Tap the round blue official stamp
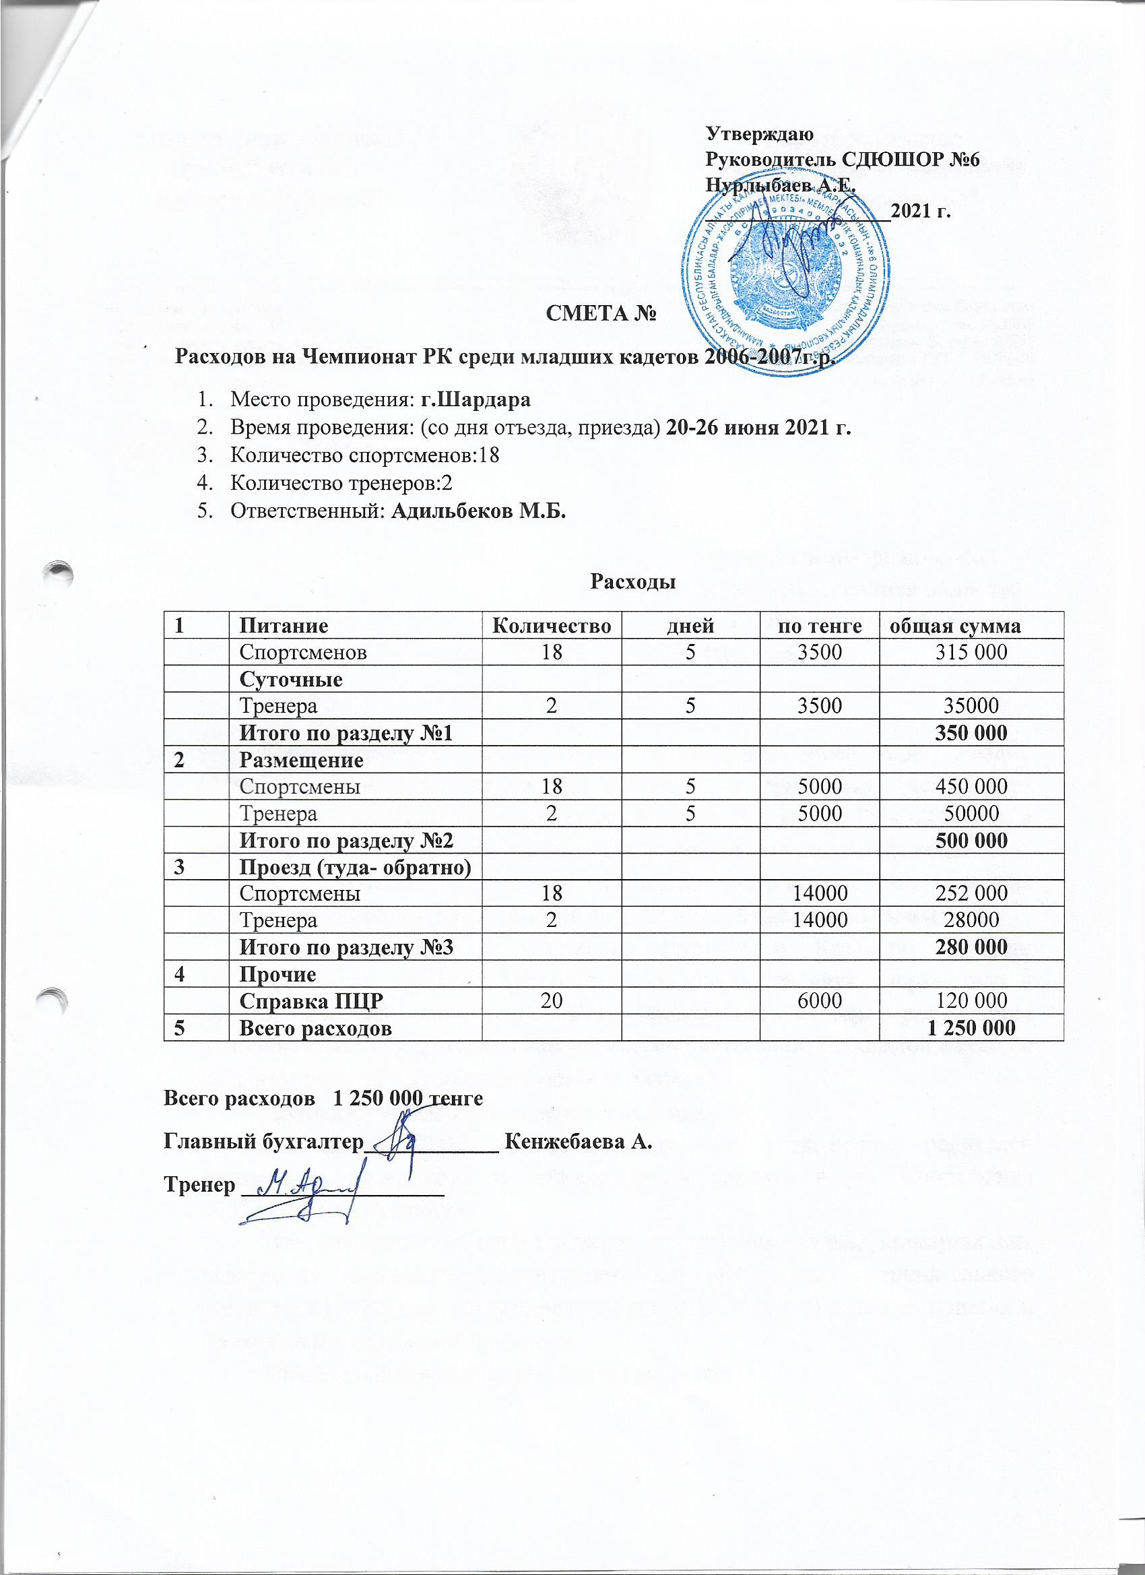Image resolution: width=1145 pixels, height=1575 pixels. point(787,275)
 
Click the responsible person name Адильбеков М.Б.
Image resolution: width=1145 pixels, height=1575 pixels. point(478,511)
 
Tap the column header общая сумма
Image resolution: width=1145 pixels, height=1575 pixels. point(956,626)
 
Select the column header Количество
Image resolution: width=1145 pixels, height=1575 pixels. point(552,626)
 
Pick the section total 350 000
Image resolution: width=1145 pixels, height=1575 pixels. point(969,733)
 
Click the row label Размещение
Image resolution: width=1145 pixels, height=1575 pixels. point(301,760)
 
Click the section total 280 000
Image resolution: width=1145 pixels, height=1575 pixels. point(969,947)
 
